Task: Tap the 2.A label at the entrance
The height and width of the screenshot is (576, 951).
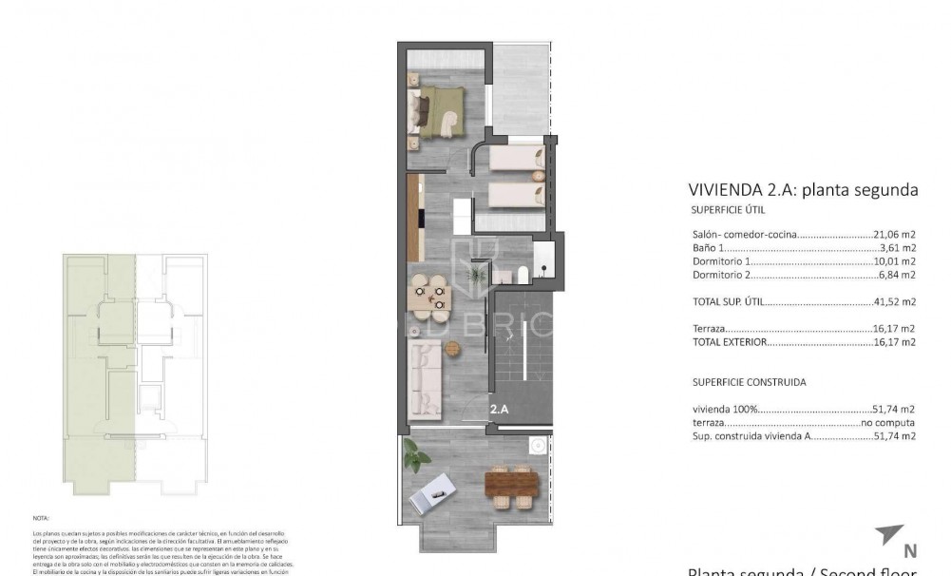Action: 501,410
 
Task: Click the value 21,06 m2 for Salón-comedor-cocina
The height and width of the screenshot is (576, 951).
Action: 894,234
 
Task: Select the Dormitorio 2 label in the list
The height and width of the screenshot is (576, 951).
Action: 722,275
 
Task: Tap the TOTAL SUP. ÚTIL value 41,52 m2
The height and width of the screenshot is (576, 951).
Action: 894,302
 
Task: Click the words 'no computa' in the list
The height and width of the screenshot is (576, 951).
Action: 887,422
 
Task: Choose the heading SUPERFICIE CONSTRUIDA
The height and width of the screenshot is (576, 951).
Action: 749,382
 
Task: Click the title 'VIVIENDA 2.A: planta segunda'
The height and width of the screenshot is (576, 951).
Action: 803,189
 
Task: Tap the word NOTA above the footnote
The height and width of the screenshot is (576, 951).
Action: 41,519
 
